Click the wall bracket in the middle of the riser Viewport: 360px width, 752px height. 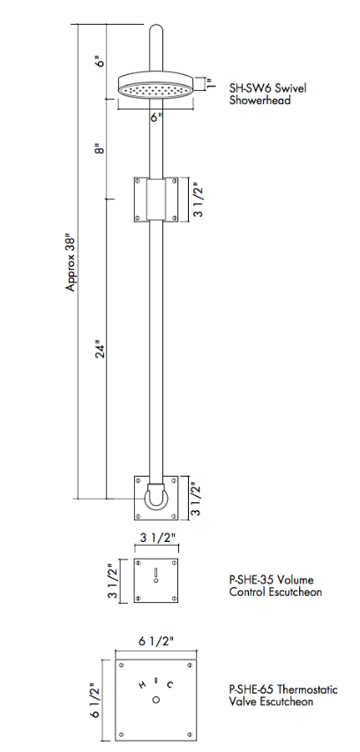point(155,199)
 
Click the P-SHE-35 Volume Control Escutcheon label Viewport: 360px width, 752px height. point(274,586)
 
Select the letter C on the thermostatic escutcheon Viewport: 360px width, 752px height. point(170,685)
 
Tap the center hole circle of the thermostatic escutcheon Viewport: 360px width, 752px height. point(155,700)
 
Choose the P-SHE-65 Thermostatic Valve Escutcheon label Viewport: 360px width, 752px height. point(282,696)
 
